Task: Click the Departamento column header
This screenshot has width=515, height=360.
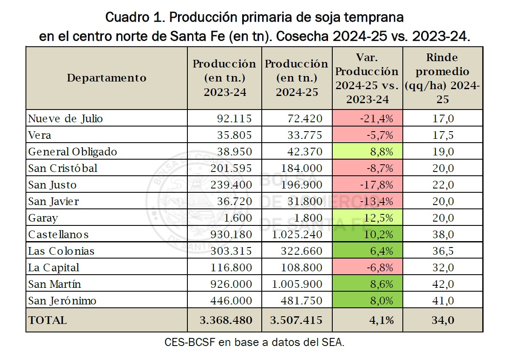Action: click(x=107, y=78)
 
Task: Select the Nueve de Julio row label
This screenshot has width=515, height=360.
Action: click(x=65, y=118)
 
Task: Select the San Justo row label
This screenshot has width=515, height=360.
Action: click(x=53, y=185)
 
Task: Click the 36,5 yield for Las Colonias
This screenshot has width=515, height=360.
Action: click(x=442, y=251)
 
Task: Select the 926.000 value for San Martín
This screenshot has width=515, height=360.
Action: click(x=231, y=284)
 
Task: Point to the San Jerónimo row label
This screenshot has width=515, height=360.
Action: click(x=62, y=301)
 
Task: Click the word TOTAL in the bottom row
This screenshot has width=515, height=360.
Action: click(x=48, y=320)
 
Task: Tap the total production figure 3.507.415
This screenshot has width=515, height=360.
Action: click(x=296, y=320)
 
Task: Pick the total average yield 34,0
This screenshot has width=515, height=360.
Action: click(x=442, y=320)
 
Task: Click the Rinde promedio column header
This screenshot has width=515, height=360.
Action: click(x=442, y=78)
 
